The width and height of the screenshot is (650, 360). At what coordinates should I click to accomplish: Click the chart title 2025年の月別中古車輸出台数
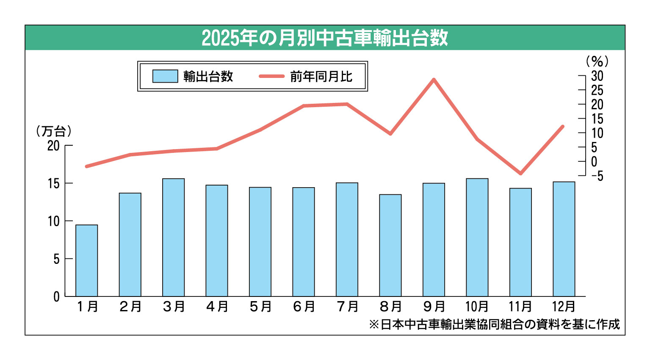[325, 38]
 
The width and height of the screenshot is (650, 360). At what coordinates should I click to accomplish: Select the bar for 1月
[87, 260]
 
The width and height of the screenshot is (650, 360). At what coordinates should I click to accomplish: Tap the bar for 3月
[174, 237]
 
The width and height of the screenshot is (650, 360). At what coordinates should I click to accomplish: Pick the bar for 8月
[390, 245]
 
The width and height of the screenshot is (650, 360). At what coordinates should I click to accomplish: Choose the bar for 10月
[477, 237]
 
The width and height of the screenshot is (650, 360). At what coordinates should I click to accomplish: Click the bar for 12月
[564, 239]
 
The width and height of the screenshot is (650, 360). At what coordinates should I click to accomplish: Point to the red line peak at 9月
[434, 79]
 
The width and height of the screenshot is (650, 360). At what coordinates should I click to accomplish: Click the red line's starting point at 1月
[86, 166]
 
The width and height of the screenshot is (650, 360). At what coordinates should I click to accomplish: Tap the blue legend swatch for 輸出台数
[165, 76]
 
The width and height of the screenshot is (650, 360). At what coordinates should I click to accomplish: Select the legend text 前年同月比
[321, 77]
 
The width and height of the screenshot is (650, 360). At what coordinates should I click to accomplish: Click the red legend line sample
[271, 76]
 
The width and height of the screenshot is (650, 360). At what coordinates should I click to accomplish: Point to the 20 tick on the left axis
[54, 146]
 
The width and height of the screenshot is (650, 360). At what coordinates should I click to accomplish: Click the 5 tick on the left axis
[57, 259]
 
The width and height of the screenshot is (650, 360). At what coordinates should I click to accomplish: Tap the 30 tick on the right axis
[597, 76]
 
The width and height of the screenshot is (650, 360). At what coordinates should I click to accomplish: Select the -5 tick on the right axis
[597, 176]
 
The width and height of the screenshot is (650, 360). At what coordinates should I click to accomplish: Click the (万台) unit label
[54, 131]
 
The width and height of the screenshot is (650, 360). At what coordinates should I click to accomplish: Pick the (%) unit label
[597, 62]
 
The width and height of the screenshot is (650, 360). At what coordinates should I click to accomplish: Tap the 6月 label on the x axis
[304, 306]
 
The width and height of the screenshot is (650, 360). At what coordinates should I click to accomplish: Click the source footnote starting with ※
[494, 324]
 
